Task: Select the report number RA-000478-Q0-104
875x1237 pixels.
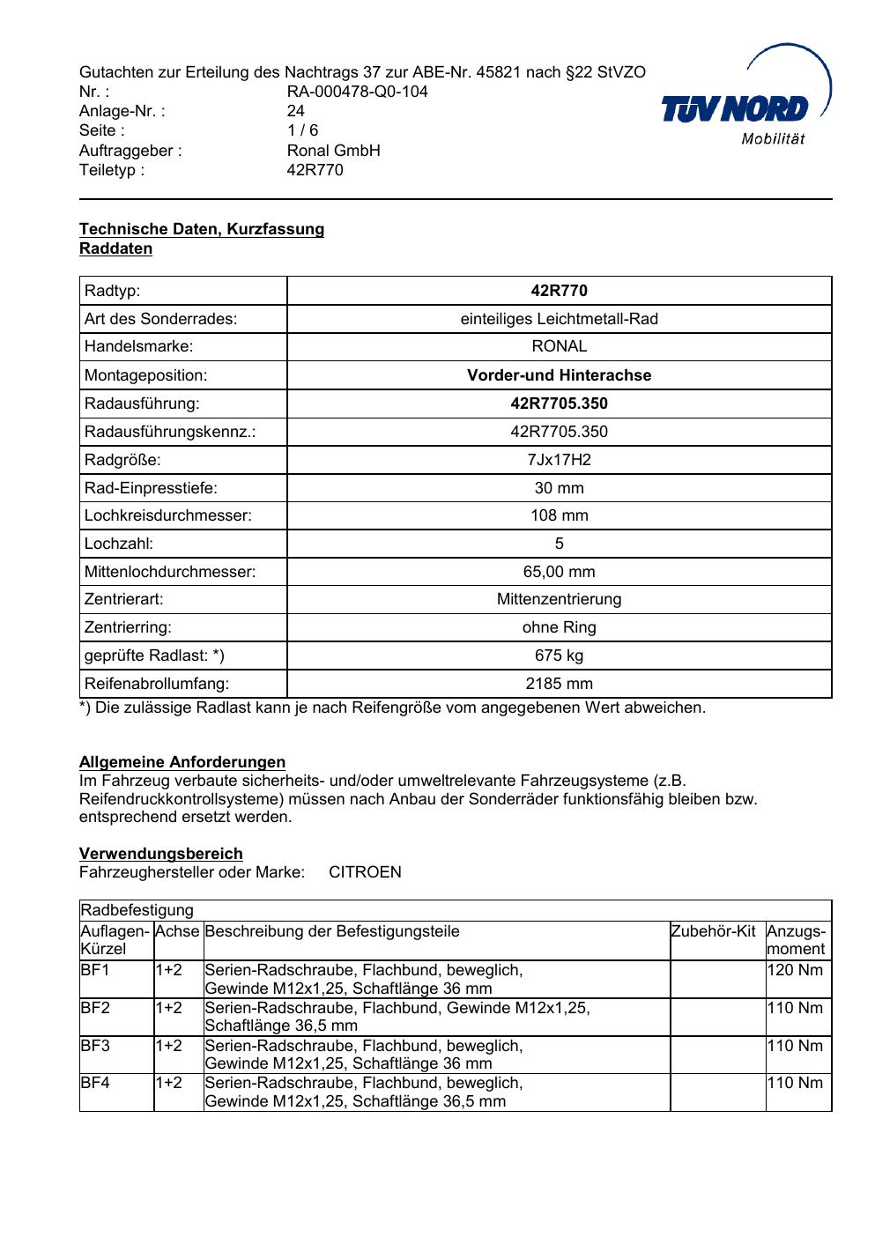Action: click(357, 92)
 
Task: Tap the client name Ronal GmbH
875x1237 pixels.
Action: click(333, 151)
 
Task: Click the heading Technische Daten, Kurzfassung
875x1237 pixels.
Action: click(202, 229)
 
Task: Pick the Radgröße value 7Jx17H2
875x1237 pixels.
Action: click(559, 460)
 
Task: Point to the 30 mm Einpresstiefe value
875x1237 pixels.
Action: click(559, 488)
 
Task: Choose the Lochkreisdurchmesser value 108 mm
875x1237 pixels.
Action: click(559, 515)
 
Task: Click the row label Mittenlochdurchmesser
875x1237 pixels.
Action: click(170, 572)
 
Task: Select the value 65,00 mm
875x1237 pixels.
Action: click(559, 572)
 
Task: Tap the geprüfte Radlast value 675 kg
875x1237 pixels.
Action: click(559, 656)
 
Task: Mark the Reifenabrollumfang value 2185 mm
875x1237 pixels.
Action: click(559, 684)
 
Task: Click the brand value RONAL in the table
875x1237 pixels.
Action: click(559, 347)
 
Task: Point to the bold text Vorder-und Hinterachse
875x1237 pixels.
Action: click(559, 375)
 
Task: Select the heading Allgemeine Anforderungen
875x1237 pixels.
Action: click(182, 762)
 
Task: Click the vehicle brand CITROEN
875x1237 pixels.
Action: click(365, 872)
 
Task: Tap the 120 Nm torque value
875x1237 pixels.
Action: click(795, 970)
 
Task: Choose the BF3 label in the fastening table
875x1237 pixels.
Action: click(95, 1046)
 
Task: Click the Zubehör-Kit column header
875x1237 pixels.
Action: click(713, 931)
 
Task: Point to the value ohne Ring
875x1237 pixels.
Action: click(559, 627)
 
